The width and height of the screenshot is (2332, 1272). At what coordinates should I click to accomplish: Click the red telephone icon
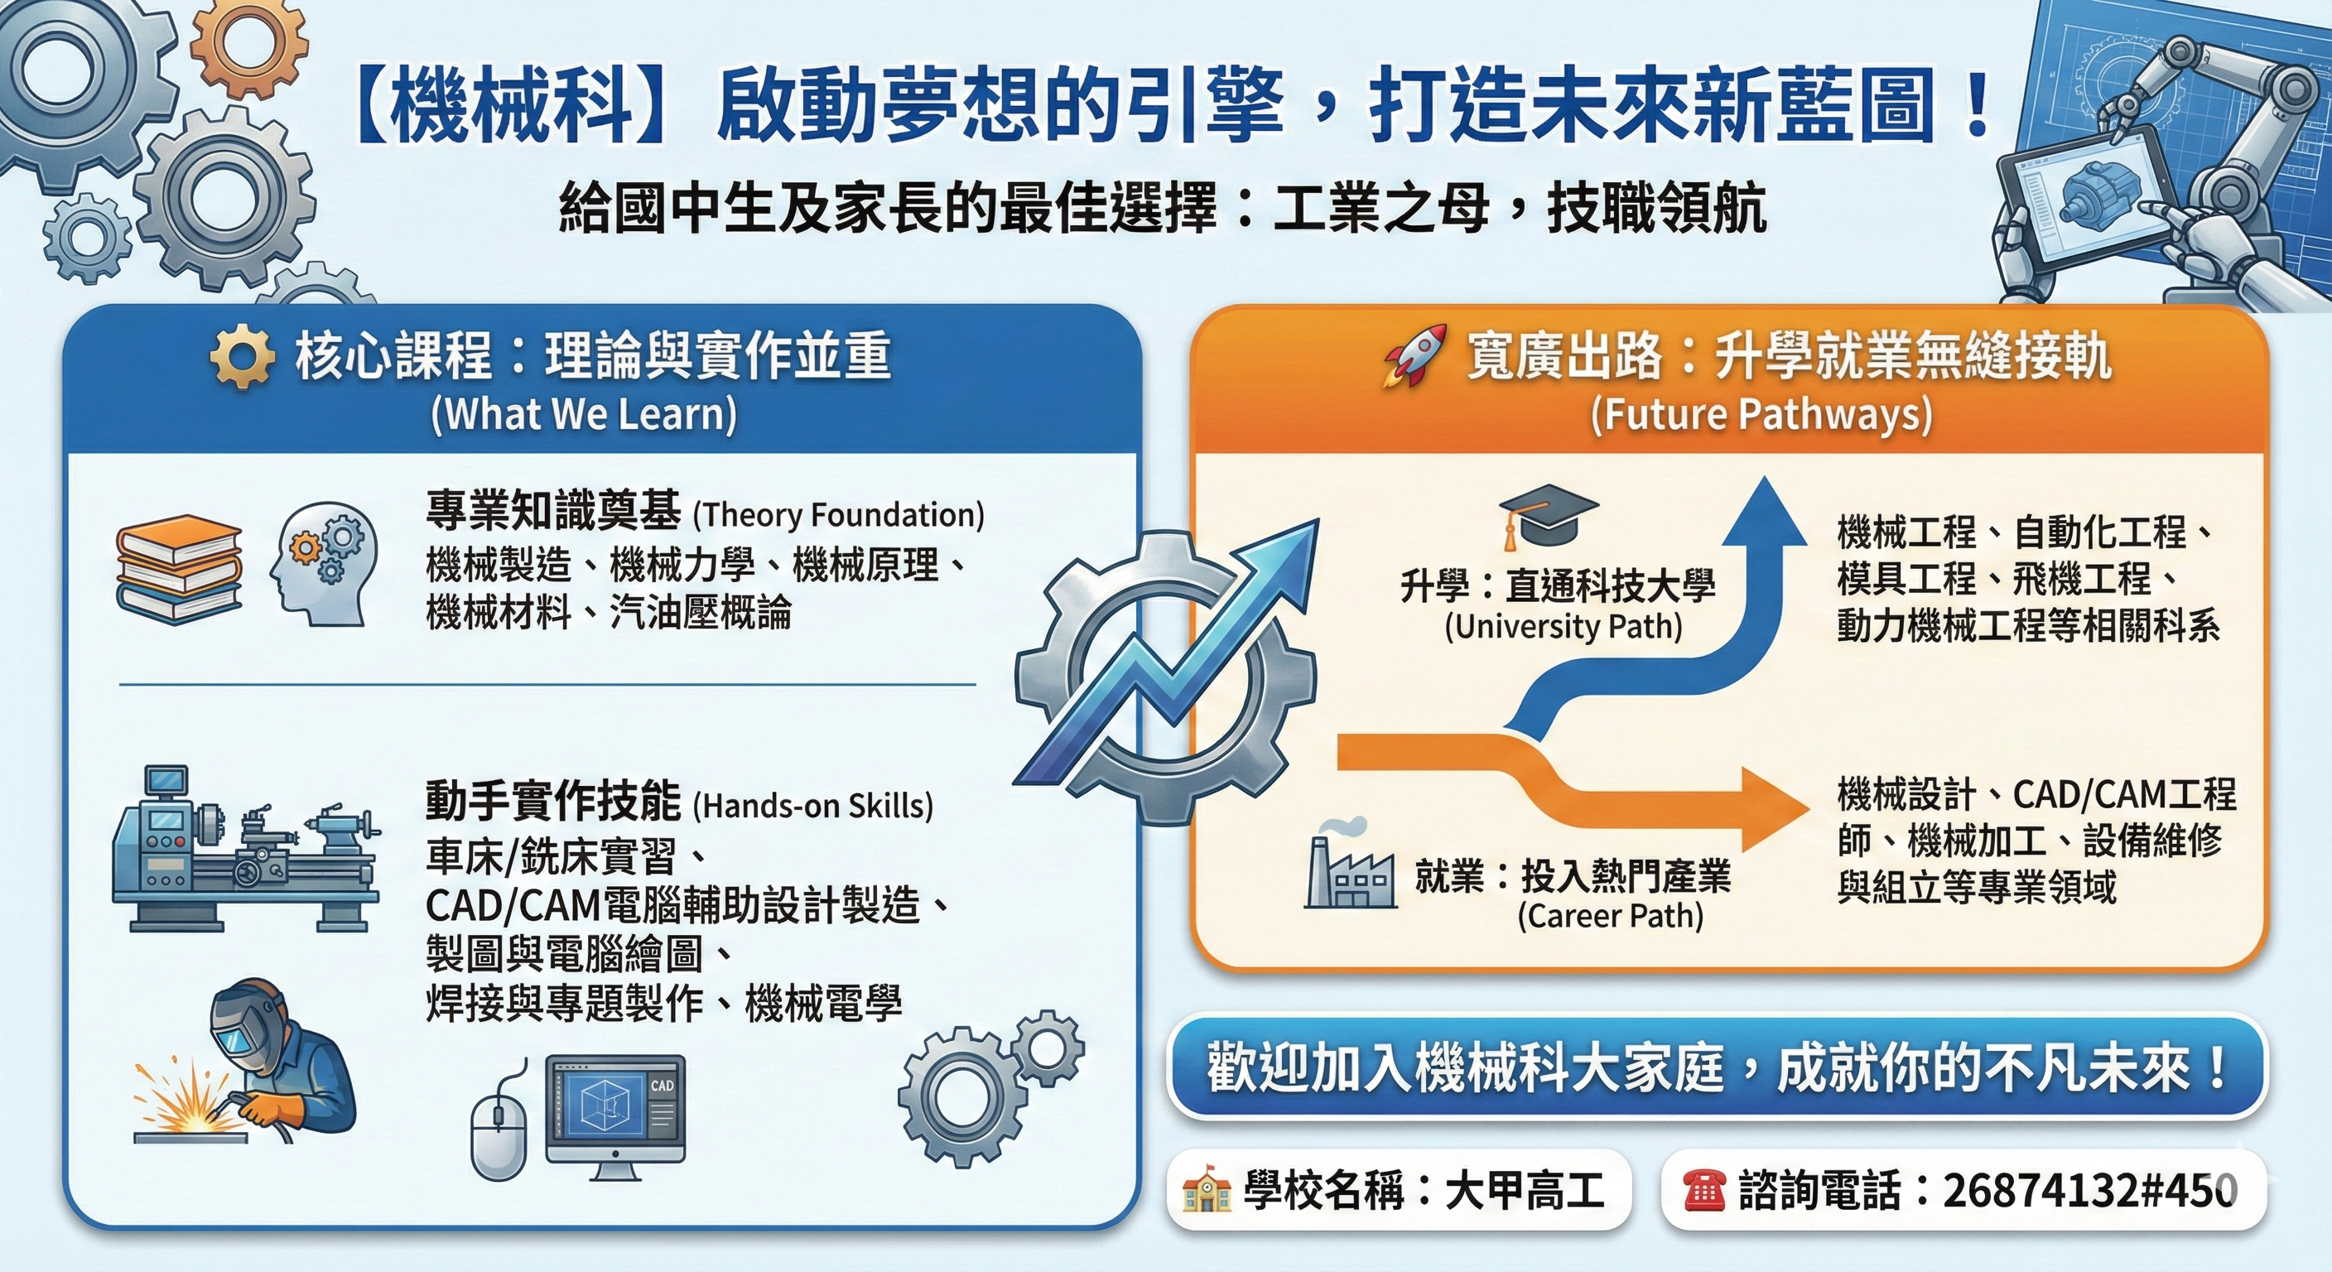coord(1703,1190)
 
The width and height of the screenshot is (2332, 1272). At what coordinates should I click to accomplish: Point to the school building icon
coord(1207,1190)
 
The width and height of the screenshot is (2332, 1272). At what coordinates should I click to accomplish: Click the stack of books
coord(179,569)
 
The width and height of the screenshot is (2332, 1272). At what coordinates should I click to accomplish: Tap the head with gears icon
coord(323,566)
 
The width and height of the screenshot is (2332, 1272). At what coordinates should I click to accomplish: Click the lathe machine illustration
coord(244,855)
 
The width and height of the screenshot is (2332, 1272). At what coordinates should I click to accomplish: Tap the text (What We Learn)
coord(584,415)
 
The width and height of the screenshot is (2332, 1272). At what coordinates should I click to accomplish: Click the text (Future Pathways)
coord(1761,415)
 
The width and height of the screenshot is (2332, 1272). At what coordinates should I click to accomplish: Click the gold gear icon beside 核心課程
coord(242,357)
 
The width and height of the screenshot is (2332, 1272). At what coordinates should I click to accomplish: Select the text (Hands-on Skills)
coord(813,805)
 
